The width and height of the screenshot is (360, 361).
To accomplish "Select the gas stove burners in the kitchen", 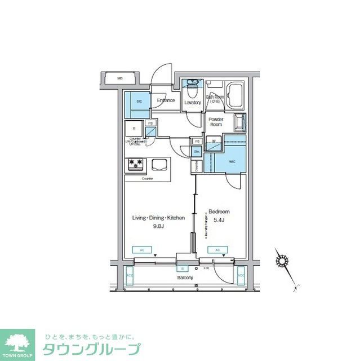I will pos(136,164).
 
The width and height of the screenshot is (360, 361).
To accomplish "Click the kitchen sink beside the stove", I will pos(158,165).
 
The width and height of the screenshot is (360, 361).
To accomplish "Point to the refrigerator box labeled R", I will pos(134,129).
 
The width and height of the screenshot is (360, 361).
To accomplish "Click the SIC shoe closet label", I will pos(139,102).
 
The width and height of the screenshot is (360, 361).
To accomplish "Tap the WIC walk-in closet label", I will pos(232,161).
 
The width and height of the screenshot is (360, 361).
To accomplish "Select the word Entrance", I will pos(166,101).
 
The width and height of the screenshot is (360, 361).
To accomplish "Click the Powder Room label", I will pos(216,122).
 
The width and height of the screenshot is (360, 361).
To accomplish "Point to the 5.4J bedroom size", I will pos(219,220).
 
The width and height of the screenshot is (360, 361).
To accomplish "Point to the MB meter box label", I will pos(120,78).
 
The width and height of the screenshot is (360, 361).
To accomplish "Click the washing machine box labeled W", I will pos(214,140).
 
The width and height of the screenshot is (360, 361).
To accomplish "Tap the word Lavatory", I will pos(193,103).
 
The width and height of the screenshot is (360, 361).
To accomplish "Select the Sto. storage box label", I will pos(197,151).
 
